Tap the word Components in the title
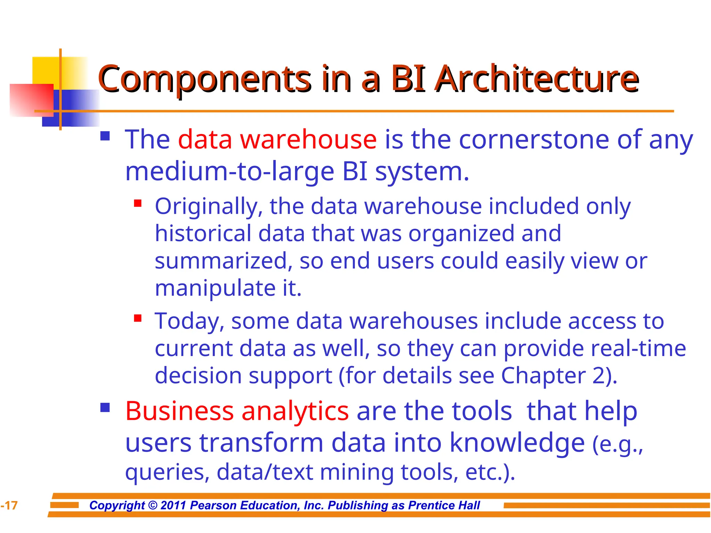204,80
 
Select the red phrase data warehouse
277,139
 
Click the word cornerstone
534,139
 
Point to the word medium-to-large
229,172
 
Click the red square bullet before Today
138,318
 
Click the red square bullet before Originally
138,203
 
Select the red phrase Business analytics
237,411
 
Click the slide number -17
9,506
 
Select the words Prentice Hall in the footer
444,506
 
